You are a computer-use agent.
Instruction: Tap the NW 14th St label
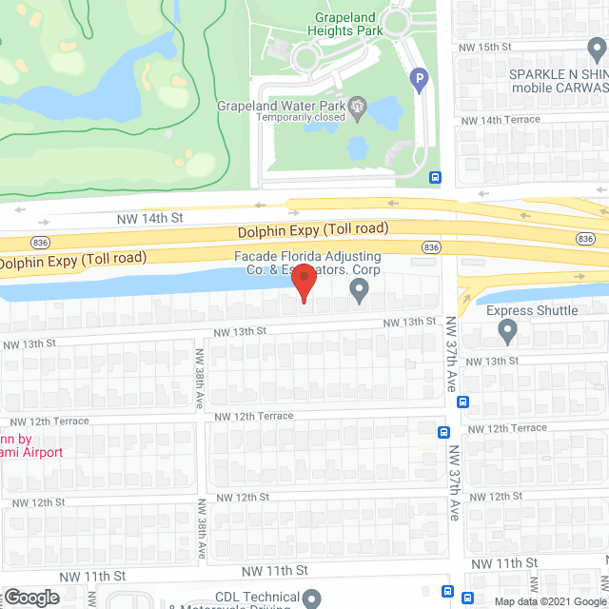(x=149, y=219)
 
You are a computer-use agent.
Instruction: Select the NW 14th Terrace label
(x=500, y=120)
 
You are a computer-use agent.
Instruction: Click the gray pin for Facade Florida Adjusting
(x=359, y=292)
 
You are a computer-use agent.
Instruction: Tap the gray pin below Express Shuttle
(x=507, y=331)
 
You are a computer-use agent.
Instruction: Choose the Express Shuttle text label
(x=532, y=310)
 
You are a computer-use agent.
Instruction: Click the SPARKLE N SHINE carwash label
(x=558, y=81)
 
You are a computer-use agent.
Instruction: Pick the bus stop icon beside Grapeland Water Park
(x=435, y=177)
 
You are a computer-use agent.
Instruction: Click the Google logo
(x=30, y=597)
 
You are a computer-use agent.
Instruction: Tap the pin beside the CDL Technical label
(x=313, y=598)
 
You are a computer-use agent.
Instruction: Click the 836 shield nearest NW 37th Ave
(x=431, y=247)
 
